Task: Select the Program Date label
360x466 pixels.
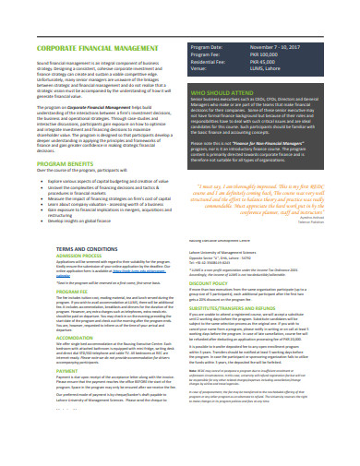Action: point(208,44)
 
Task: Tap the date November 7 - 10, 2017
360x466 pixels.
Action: point(282,44)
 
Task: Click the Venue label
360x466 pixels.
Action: point(198,66)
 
